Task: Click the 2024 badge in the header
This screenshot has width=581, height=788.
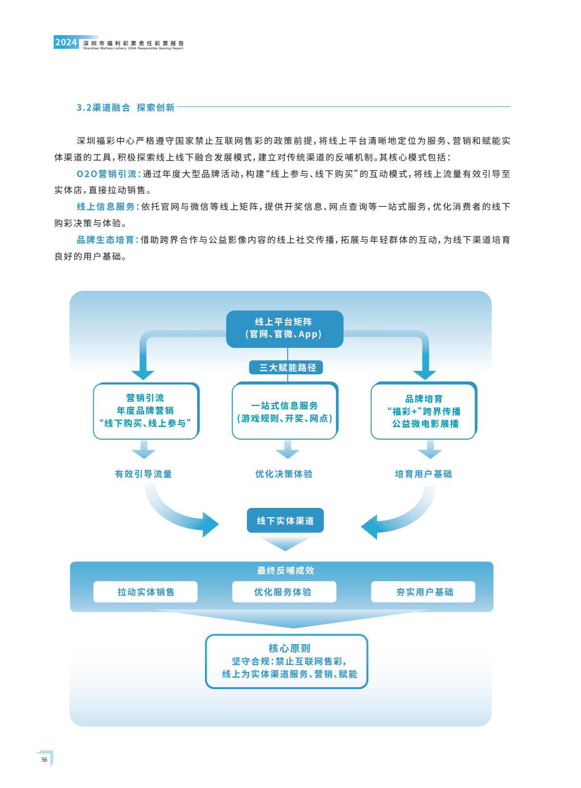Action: [66, 42]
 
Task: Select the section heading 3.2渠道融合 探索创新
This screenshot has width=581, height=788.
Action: [125, 107]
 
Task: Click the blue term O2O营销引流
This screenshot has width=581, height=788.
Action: [109, 174]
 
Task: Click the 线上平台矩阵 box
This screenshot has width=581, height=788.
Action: [284, 329]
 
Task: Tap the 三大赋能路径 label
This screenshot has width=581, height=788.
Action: [286, 367]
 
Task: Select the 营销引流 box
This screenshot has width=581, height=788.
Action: [146, 410]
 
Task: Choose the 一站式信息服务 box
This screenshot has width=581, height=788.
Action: [285, 410]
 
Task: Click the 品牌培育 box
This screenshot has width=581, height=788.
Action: [424, 410]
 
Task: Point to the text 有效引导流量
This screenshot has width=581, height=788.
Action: [143, 474]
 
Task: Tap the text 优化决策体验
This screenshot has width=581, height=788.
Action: [284, 474]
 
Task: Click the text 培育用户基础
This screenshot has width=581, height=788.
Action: [423, 474]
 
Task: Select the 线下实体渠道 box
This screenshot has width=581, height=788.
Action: [285, 520]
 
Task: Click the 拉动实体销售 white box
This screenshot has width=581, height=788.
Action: [145, 592]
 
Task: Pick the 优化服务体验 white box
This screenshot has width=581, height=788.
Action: [284, 592]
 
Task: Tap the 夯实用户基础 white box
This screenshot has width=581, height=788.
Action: [423, 592]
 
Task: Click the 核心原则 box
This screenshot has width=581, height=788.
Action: [287, 661]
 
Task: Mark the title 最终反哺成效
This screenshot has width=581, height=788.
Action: [285, 570]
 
